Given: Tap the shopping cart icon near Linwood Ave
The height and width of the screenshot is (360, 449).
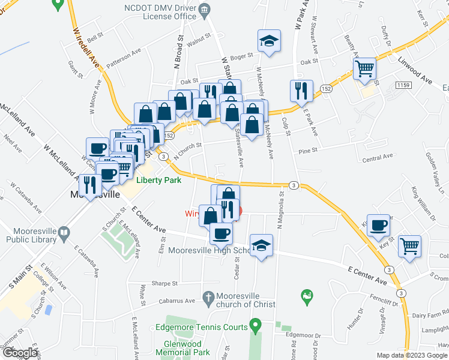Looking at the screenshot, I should (x=364, y=70).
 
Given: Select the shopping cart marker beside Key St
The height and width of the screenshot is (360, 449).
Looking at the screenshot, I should (x=410, y=245).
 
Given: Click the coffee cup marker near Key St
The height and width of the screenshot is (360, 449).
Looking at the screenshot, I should (x=378, y=226).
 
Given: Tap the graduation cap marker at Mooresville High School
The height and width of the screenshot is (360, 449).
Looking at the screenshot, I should (x=262, y=245).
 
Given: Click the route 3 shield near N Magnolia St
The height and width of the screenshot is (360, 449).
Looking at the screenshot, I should (x=294, y=185).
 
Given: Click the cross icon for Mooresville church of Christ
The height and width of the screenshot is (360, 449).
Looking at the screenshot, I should (x=208, y=296).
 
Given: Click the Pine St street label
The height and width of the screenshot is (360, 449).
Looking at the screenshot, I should (x=308, y=151).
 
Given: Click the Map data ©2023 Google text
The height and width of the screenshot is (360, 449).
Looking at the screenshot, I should (x=412, y=355).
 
